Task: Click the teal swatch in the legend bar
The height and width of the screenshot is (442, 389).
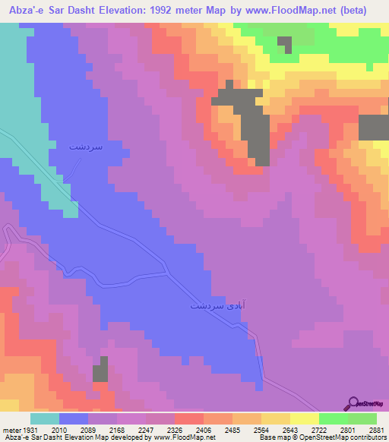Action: (x=45, y=418)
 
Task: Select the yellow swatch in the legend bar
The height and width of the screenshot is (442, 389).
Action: (x=304, y=418)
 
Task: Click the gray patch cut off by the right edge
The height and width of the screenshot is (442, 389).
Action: (x=373, y=127)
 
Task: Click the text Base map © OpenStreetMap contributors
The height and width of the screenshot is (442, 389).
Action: (x=322, y=436)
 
